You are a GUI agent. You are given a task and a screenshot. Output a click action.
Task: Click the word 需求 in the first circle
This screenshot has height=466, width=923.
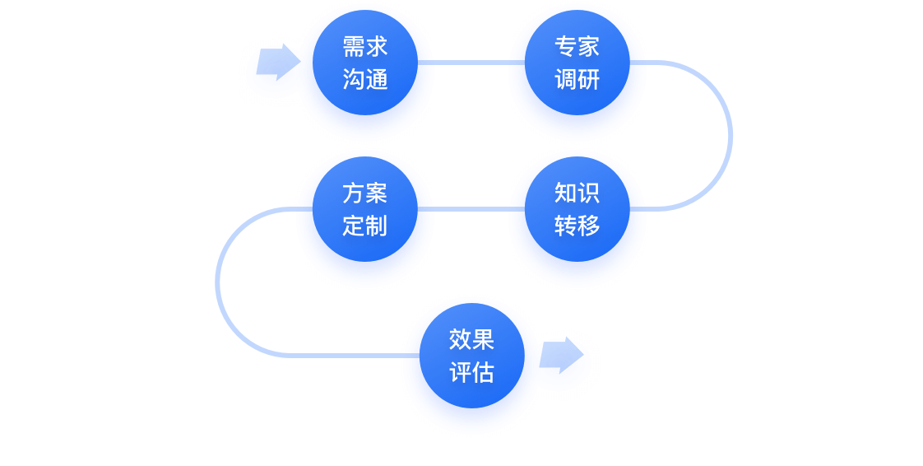pos(364,46)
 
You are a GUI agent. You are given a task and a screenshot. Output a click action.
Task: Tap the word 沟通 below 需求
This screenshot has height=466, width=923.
pos(364,80)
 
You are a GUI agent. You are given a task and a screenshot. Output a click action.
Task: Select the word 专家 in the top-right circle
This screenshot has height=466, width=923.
pos(577,46)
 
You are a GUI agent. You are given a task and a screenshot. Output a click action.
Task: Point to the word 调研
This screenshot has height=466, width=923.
pos(577,80)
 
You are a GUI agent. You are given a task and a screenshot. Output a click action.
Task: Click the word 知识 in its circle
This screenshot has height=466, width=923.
pos(577,193)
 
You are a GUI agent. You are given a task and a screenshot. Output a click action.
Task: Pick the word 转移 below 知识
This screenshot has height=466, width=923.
pos(577,226)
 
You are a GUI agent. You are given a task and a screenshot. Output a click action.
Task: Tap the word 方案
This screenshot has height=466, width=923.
pos(364,193)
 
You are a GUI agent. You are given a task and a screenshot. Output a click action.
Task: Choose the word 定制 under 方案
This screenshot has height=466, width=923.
pos(364,226)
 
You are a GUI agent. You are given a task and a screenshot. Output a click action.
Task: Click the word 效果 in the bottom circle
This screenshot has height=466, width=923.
pos(471,339)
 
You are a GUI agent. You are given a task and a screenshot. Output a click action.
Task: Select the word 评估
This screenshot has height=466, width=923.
pos(471,372)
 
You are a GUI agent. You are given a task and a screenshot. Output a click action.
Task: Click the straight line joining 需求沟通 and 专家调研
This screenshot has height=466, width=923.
pos(471,62)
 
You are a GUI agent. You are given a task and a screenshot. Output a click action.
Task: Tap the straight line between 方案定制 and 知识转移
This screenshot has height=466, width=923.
pos(471,208)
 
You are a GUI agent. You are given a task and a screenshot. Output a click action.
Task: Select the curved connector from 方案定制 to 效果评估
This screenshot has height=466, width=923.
pos(218,282)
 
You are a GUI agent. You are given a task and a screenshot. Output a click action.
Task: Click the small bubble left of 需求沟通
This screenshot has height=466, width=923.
pos(275,68)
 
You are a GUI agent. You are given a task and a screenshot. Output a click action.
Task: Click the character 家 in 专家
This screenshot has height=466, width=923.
pos(588,46)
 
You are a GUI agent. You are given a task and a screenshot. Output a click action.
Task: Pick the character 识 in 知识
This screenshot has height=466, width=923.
pos(588,193)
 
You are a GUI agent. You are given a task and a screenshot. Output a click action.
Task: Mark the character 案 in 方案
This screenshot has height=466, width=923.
pos(376,193)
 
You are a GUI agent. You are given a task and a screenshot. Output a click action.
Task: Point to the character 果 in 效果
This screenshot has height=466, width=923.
pos(483,339)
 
